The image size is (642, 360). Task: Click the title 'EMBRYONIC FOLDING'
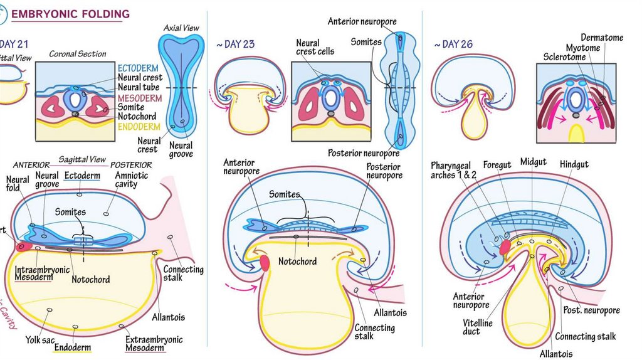click(x=71, y=14)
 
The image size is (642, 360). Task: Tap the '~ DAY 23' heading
click(x=235, y=45)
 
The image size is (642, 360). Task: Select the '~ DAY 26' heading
click(x=453, y=45)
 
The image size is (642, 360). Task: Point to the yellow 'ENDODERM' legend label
click(x=140, y=127)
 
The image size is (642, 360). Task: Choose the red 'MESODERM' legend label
click(x=140, y=98)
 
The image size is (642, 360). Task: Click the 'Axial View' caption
click(x=181, y=28)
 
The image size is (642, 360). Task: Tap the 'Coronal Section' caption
click(x=78, y=54)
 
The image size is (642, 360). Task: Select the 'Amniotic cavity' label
click(x=132, y=180)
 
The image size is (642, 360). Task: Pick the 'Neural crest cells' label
click(x=315, y=47)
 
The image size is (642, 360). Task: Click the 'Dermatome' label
click(x=602, y=38)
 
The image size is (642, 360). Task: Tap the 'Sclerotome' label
click(x=564, y=57)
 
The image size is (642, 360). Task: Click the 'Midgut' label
click(x=533, y=162)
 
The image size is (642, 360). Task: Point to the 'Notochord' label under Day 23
click(x=297, y=261)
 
